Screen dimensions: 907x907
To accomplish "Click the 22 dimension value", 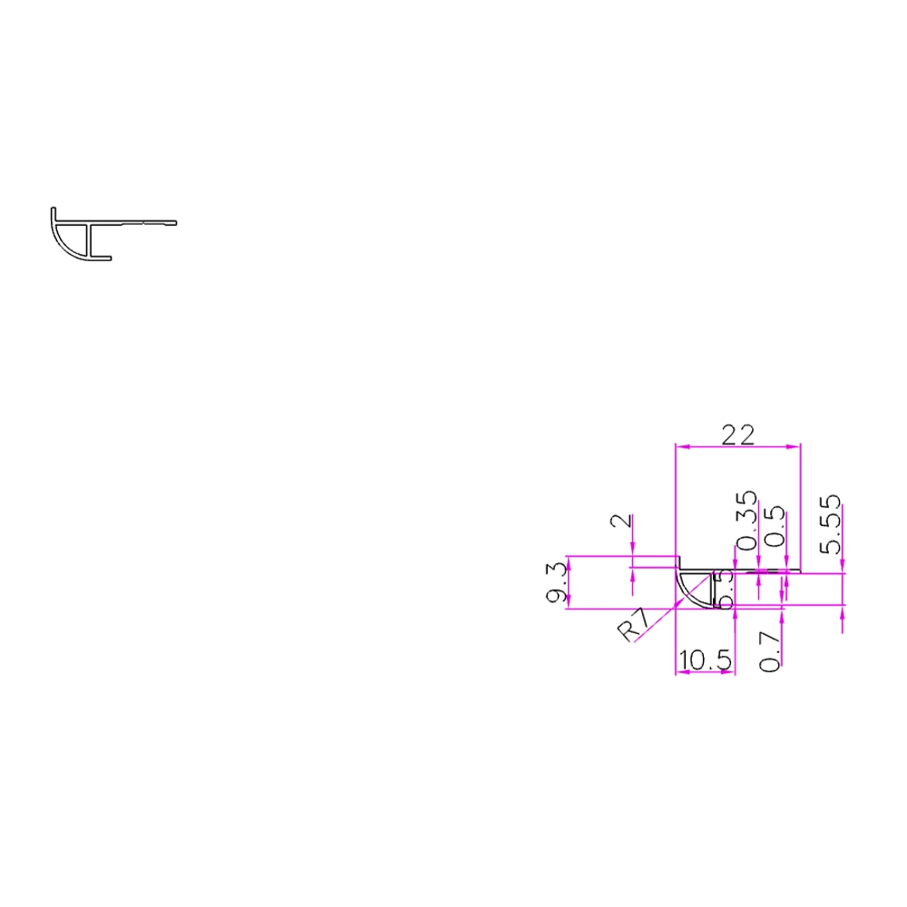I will (738, 435).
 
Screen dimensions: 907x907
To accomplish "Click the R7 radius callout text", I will (634, 626).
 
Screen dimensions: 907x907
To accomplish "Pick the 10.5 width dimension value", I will (705, 660).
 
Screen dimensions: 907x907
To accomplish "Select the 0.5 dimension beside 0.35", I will (774, 527).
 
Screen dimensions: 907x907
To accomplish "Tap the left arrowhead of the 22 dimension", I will (682, 446).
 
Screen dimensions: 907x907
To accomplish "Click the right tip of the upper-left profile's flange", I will (174, 222).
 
